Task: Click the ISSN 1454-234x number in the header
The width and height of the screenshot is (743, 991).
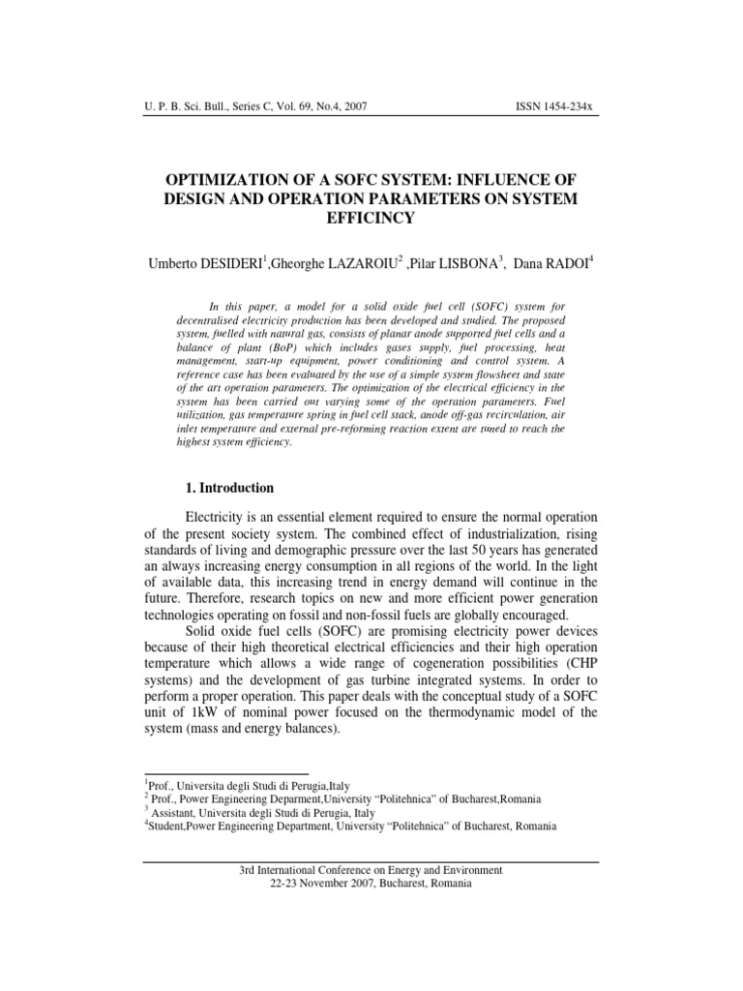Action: point(556,107)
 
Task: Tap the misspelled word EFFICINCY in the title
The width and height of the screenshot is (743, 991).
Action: point(371,218)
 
